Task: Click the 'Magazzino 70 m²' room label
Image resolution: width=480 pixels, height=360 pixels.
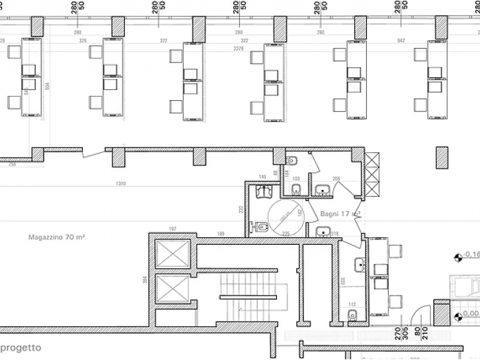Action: point(56,237)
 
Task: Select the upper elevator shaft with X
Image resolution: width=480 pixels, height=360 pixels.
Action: point(171,254)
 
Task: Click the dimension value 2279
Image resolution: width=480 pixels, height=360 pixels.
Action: point(238,49)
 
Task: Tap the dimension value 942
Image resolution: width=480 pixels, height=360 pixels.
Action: point(400,40)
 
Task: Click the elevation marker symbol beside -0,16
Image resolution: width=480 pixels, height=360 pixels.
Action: point(457,259)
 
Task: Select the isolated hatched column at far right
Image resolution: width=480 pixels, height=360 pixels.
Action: point(442,156)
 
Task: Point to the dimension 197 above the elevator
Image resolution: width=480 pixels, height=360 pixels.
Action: point(173,228)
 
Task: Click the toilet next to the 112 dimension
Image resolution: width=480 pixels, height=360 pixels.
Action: point(352,315)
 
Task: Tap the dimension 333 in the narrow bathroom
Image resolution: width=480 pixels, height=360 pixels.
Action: point(342,282)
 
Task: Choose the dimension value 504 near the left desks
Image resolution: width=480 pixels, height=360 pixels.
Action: point(47,86)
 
